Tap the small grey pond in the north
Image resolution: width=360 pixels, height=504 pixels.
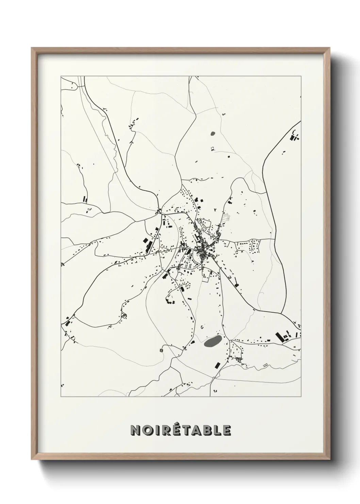click(x=213, y=134)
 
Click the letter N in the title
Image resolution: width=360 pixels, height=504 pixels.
click(x=135, y=430)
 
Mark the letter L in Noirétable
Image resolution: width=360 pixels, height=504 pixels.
click(x=218, y=430)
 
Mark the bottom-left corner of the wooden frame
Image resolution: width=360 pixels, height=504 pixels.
click(x=32, y=459)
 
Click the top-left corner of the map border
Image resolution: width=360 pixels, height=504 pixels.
click(x=61, y=76)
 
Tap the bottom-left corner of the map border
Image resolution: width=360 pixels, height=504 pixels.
click(x=61, y=397)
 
